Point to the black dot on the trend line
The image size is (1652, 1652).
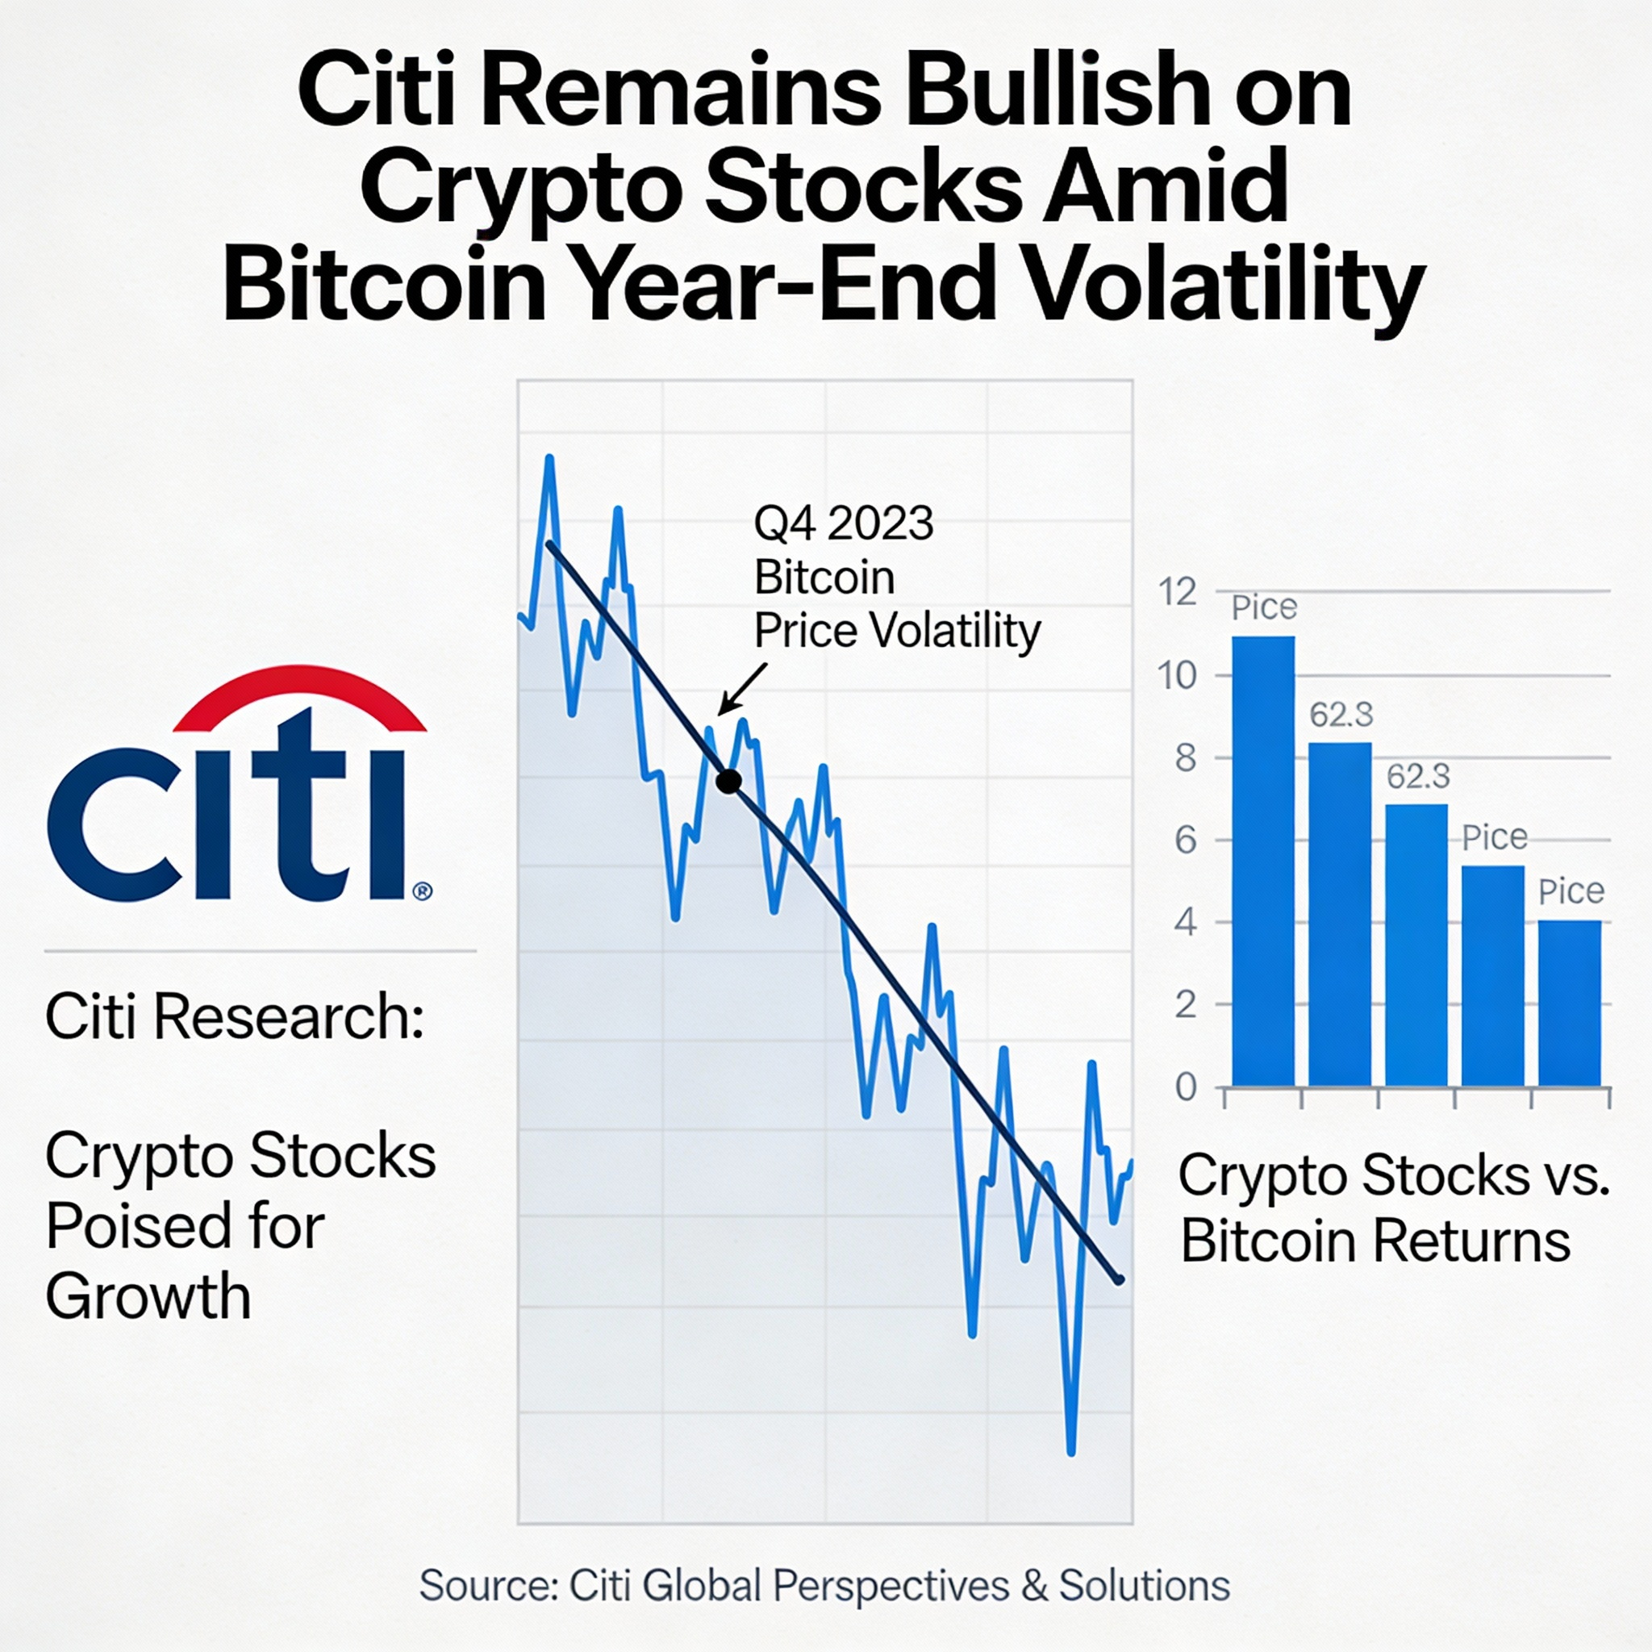pos(728,781)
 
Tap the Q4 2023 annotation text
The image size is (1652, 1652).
pos(843,524)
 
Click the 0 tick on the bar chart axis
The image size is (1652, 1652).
pos(1186,1087)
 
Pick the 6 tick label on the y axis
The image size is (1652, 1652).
pos(1186,841)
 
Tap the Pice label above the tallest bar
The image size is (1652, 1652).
pos(1264,608)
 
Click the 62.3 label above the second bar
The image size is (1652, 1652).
pos(1341,715)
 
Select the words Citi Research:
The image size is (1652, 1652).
pos(234,1016)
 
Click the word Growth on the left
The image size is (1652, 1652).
pos(148,1296)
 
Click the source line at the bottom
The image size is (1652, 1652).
pos(824,1586)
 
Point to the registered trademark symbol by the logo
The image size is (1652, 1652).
pos(423,892)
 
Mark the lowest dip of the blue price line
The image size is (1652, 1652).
pos(1071,1451)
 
